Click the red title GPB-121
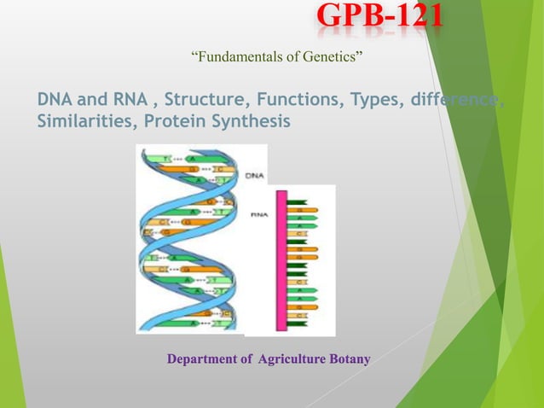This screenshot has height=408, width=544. (x=379, y=18)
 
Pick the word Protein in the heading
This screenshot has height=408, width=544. (x=173, y=122)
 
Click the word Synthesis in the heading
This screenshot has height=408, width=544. (x=247, y=122)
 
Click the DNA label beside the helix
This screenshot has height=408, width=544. (x=254, y=176)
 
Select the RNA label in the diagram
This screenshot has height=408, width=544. (x=258, y=217)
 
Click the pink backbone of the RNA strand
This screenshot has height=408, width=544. (x=278, y=256)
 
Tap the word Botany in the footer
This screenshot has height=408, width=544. (x=350, y=359)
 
